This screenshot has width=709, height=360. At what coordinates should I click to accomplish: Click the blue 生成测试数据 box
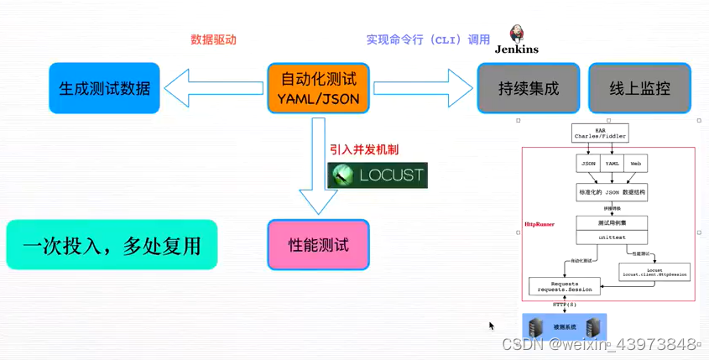(x=105, y=88)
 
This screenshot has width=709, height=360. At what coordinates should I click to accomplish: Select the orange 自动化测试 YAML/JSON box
(x=318, y=88)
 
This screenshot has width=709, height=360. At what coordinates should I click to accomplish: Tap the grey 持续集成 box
(x=529, y=88)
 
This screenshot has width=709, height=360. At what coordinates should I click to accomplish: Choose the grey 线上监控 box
(x=639, y=88)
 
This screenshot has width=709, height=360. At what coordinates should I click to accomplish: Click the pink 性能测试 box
(x=318, y=245)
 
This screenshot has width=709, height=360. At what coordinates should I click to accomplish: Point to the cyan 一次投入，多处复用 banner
(x=112, y=245)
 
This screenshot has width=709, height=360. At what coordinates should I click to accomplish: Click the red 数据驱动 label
(x=213, y=39)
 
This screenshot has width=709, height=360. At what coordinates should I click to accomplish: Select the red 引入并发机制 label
(x=364, y=149)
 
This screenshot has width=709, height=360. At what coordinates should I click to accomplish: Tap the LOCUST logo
(x=378, y=175)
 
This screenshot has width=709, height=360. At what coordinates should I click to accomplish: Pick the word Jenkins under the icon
(x=517, y=50)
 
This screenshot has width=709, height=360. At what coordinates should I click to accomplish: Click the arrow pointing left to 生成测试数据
(x=214, y=88)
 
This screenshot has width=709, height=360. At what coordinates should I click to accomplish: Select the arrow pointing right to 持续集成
(x=423, y=88)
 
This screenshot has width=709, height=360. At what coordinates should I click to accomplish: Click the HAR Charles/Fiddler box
(x=600, y=133)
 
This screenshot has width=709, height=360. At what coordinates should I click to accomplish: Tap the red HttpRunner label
(x=540, y=225)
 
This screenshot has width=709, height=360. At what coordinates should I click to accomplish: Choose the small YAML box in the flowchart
(x=612, y=164)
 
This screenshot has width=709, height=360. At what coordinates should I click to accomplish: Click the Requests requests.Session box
(x=565, y=286)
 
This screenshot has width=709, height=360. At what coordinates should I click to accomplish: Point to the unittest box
(x=612, y=237)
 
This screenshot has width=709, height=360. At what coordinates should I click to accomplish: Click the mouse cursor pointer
(x=492, y=326)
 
